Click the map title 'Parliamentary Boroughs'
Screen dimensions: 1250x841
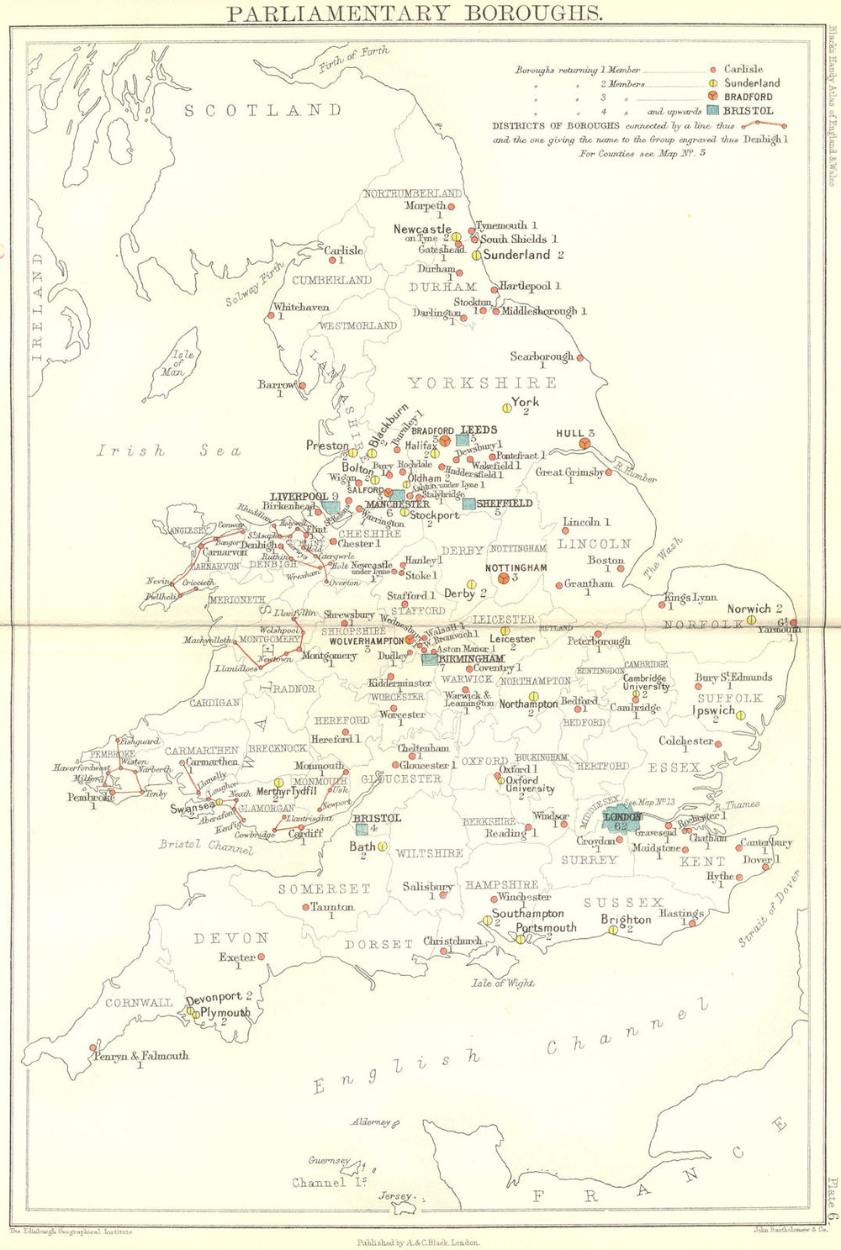pos(415,13)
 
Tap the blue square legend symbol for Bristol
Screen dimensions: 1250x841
pos(712,110)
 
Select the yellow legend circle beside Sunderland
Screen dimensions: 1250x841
pos(712,83)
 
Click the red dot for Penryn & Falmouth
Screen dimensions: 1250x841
pos(93,1047)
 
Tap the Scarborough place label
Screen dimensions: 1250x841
pos(541,356)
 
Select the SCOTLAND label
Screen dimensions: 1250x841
pos(263,110)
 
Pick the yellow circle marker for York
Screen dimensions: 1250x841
pos(506,408)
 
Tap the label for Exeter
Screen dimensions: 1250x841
pos(236,957)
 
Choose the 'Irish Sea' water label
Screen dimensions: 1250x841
pos(167,451)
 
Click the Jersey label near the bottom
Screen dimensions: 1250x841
pos(395,1195)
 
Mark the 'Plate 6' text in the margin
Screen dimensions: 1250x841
pos(831,1193)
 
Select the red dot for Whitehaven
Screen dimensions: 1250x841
pos(270,316)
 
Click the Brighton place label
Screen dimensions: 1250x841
pos(626,919)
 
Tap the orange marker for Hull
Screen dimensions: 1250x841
pos(585,443)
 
